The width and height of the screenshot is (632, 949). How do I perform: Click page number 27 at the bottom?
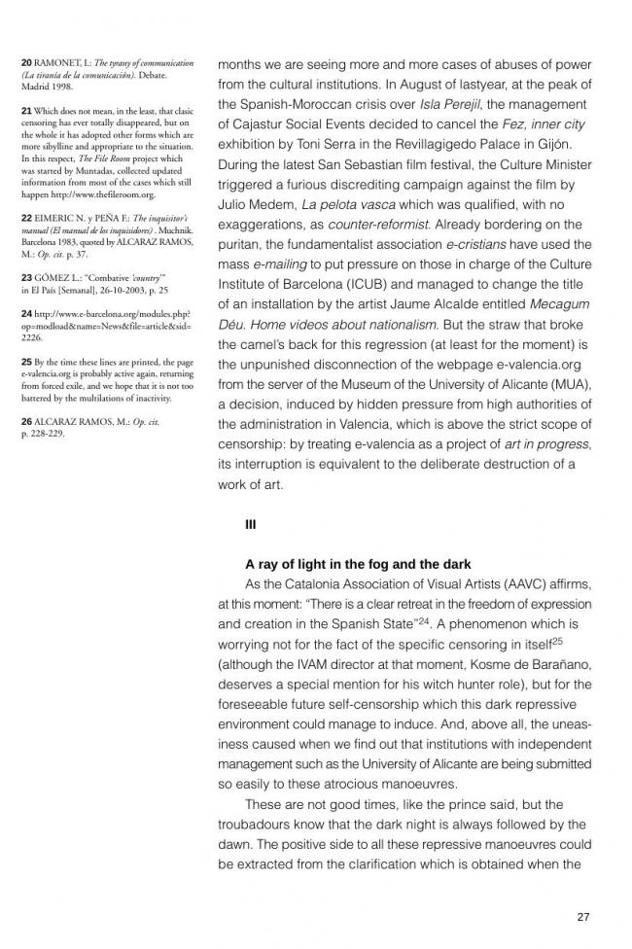point(583,916)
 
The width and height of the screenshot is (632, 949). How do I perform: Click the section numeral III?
point(251,525)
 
